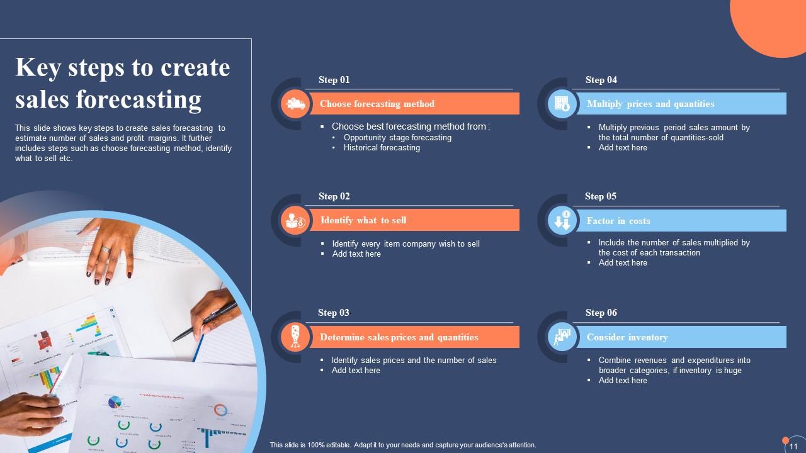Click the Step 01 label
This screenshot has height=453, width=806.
(334, 80)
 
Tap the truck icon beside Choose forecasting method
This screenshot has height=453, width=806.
(295, 104)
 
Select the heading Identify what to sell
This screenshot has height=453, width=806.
(363, 220)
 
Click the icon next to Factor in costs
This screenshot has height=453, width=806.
(562, 220)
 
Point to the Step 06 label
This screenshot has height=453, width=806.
(601, 313)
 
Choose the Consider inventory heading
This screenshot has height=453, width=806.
(627, 337)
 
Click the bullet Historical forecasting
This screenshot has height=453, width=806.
(382, 148)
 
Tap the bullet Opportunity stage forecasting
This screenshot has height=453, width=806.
(397, 138)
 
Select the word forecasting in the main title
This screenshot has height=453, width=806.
(139, 99)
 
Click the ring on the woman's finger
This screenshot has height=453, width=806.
(106, 249)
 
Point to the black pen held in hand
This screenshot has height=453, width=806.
(205, 322)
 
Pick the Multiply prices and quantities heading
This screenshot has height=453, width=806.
(650, 104)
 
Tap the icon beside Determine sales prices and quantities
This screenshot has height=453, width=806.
(295, 337)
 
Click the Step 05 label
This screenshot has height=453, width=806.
(601, 196)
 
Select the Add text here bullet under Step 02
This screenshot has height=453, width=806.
(356, 254)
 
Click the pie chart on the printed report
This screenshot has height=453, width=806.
(115, 401)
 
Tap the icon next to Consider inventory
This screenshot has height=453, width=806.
(562, 337)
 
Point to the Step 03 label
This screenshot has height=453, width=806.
(334, 313)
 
